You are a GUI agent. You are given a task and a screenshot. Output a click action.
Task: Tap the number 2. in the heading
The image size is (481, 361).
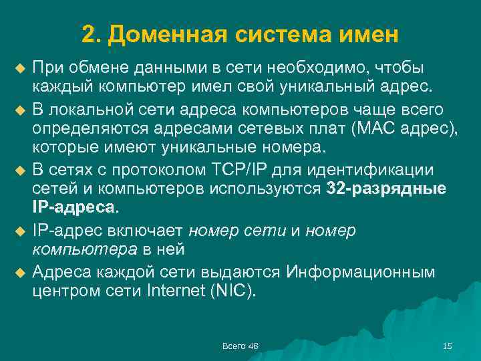tap(91, 33)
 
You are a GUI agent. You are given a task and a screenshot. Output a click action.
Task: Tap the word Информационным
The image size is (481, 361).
tap(361, 272)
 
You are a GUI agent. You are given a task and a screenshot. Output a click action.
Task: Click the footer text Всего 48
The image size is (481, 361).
tap(240, 345)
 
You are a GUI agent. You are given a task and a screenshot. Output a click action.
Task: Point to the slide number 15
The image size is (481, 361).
tap(448, 345)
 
